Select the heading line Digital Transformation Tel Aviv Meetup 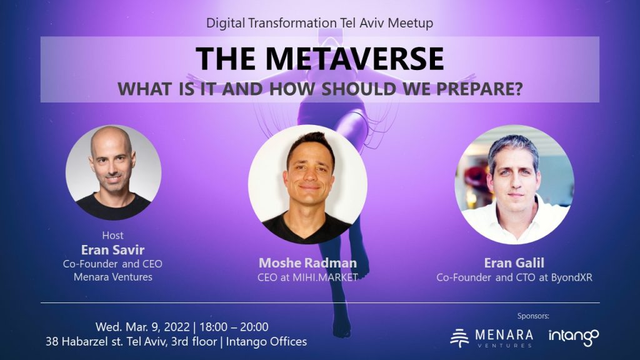coord(319,23)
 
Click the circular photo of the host coord(113,172)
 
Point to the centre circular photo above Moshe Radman coord(307,184)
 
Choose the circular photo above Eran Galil coord(514,184)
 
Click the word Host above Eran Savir coord(112,236)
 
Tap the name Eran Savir coord(112,250)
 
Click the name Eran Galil coord(515,263)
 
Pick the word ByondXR coord(571,277)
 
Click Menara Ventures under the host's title coord(112,276)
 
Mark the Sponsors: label coord(534,316)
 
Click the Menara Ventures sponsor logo coord(492,337)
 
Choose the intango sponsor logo coord(573,337)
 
